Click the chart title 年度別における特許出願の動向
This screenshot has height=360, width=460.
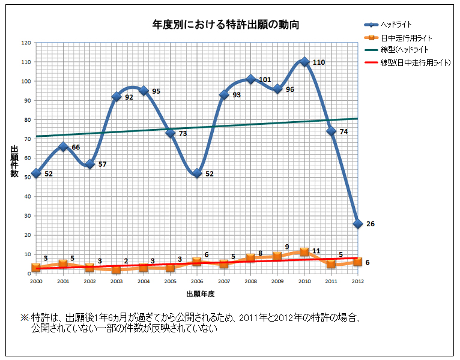[225, 25]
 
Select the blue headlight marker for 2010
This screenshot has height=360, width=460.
[304, 62]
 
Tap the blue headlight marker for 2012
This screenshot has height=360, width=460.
[358, 223]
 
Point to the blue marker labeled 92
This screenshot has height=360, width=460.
[117, 97]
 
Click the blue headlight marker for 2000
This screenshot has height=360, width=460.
[36, 173]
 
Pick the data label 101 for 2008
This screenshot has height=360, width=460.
[265, 79]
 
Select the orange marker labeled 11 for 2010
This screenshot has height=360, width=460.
[304, 252]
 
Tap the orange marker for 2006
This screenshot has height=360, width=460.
[197, 262]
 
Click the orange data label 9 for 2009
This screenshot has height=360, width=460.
[287, 247]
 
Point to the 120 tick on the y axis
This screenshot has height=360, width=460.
[26, 43]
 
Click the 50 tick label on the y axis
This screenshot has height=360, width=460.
[27, 177]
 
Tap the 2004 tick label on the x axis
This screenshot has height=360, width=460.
[144, 281]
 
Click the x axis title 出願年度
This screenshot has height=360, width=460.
[200, 294]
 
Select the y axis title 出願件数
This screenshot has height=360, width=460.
[14, 161]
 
